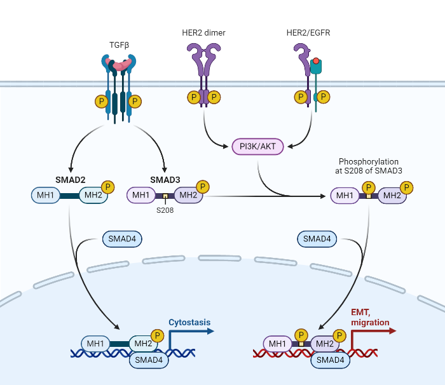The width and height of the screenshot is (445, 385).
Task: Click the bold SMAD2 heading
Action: [x=69, y=179]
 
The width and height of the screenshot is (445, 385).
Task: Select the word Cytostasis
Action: [x=189, y=322]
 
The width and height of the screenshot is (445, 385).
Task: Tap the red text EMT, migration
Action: [x=370, y=318]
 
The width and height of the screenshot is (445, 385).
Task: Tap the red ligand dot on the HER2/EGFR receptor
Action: [x=315, y=62]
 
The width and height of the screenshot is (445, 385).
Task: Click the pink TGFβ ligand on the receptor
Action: [x=120, y=64]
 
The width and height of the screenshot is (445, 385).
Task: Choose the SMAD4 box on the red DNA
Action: [x=330, y=360]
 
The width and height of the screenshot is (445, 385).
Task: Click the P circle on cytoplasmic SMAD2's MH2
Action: [x=108, y=187]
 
